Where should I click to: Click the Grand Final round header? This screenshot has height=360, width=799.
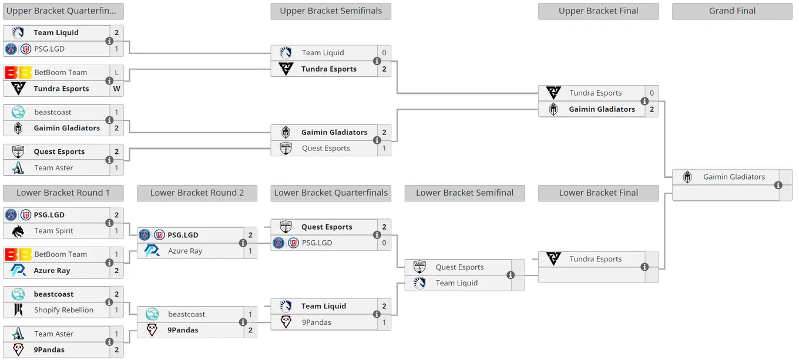[x=732, y=11]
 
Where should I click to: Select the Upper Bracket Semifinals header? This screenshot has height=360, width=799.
[x=331, y=11]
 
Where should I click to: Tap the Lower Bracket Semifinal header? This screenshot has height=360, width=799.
[x=464, y=193]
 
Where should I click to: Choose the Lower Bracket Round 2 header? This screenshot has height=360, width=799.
[x=197, y=193]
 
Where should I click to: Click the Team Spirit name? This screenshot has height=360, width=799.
[x=53, y=231]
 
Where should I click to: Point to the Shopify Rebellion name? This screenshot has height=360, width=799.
[x=64, y=310]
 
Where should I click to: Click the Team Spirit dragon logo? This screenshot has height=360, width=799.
[x=18, y=231]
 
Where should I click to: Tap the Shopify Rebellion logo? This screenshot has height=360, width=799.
[x=18, y=309]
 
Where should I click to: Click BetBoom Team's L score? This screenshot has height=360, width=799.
[x=117, y=73]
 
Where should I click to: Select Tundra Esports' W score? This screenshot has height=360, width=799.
[x=117, y=89]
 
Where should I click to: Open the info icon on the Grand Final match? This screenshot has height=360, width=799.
[x=778, y=186]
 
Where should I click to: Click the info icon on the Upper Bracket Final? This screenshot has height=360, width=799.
[x=644, y=101]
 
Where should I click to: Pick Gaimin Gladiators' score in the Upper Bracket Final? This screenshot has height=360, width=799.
[x=652, y=109]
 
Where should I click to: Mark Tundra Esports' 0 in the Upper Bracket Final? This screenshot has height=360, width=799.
[x=652, y=93]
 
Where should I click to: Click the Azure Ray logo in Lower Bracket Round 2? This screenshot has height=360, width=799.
[x=152, y=251]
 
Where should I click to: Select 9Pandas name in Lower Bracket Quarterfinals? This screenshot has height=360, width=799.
[x=317, y=322]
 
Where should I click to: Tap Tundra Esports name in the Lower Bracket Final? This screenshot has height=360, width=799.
[x=595, y=259]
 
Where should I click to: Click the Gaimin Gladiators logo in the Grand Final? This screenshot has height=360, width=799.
[x=687, y=177]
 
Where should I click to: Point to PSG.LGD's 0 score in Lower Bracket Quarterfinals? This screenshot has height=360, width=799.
[x=384, y=243]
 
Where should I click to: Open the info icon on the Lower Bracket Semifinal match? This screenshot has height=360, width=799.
[x=511, y=275]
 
